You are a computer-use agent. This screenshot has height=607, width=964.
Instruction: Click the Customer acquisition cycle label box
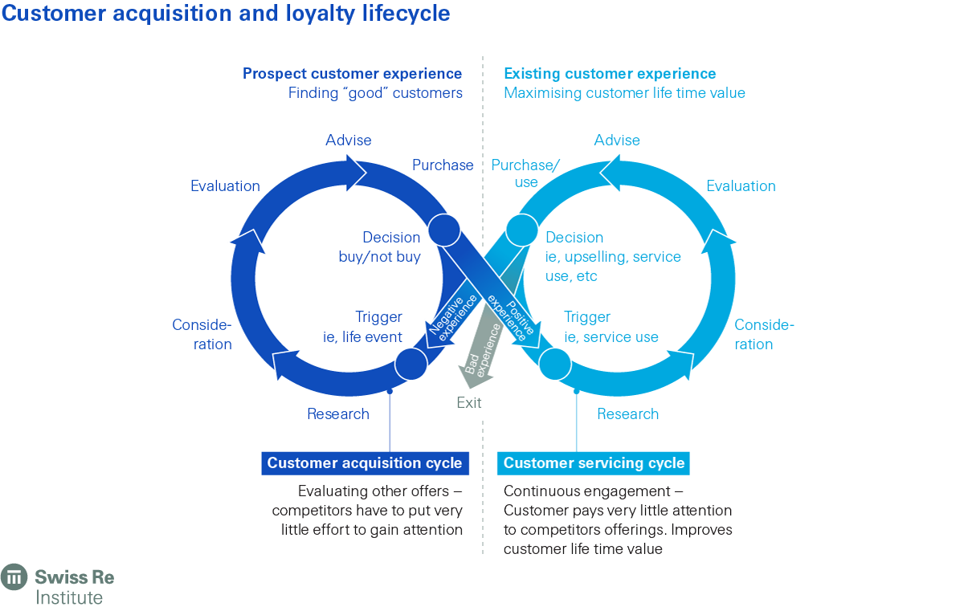pyautogui.click(x=365, y=463)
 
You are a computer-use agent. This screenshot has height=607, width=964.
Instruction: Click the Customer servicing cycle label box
pyautogui.click(x=594, y=463)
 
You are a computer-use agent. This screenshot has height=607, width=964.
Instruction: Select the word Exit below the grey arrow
pyautogui.click(x=469, y=403)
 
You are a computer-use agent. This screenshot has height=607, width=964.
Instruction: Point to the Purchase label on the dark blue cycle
pyautogui.click(x=443, y=165)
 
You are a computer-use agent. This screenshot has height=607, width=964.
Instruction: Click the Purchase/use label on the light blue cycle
pyautogui.click(x=525, y=173)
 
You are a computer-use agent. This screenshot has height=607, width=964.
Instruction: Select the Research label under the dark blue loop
pyautogui.click(x=338, y=414)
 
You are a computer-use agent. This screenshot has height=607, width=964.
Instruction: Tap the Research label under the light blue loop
pyautogui.click(x=627, y=414)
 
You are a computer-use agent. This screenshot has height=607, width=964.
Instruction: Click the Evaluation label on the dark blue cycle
pyautogui.click(x=225, y=186)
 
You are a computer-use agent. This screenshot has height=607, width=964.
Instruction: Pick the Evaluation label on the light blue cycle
pyautogui.click(x=741, y=186)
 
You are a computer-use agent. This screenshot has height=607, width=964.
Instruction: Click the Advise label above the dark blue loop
pyautogui.click(x=349, y=141)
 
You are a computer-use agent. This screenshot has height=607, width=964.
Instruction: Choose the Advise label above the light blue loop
pyautogui.click(x=617, y=141)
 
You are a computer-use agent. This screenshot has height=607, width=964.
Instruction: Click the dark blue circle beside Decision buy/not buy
pyautogui.click(x=444, y=230)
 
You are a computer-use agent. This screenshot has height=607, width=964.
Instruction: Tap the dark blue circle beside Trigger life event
pyautogui.click(x=411, y=364)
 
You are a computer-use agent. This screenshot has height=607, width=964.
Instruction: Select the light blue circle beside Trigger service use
pyautogui.click(x=554, y=364)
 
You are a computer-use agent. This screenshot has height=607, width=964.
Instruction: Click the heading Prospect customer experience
pyautogui.click(x=353, y=74)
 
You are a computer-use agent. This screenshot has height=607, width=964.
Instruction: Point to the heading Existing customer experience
pyautogui.click(x=610, y=74)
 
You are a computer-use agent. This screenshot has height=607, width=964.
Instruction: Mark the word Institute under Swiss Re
pyautogui.click(x=69, y=597)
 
